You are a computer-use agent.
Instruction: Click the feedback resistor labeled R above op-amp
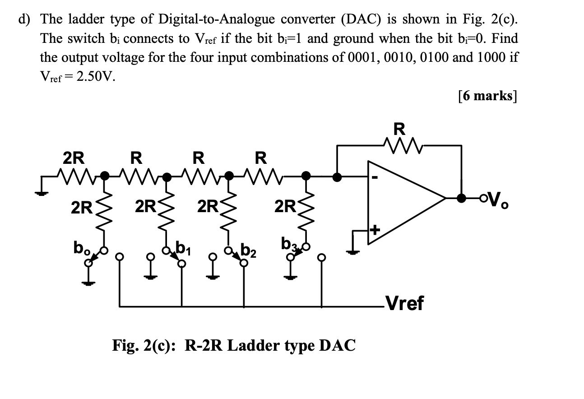(x=399, y=144)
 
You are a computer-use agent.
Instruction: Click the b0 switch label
(x=80, y=248)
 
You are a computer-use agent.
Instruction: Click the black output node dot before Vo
(x=461, y=198)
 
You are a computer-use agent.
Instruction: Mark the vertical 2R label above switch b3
(x=284, y=207)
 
